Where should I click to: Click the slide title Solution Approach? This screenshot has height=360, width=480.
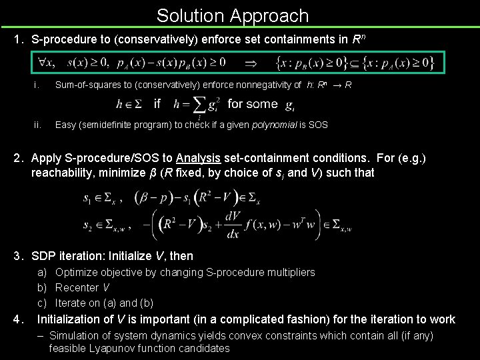[233, 15]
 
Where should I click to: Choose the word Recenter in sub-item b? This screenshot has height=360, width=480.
[77, 287]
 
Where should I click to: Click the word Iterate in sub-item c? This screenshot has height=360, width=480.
[71, 303]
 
